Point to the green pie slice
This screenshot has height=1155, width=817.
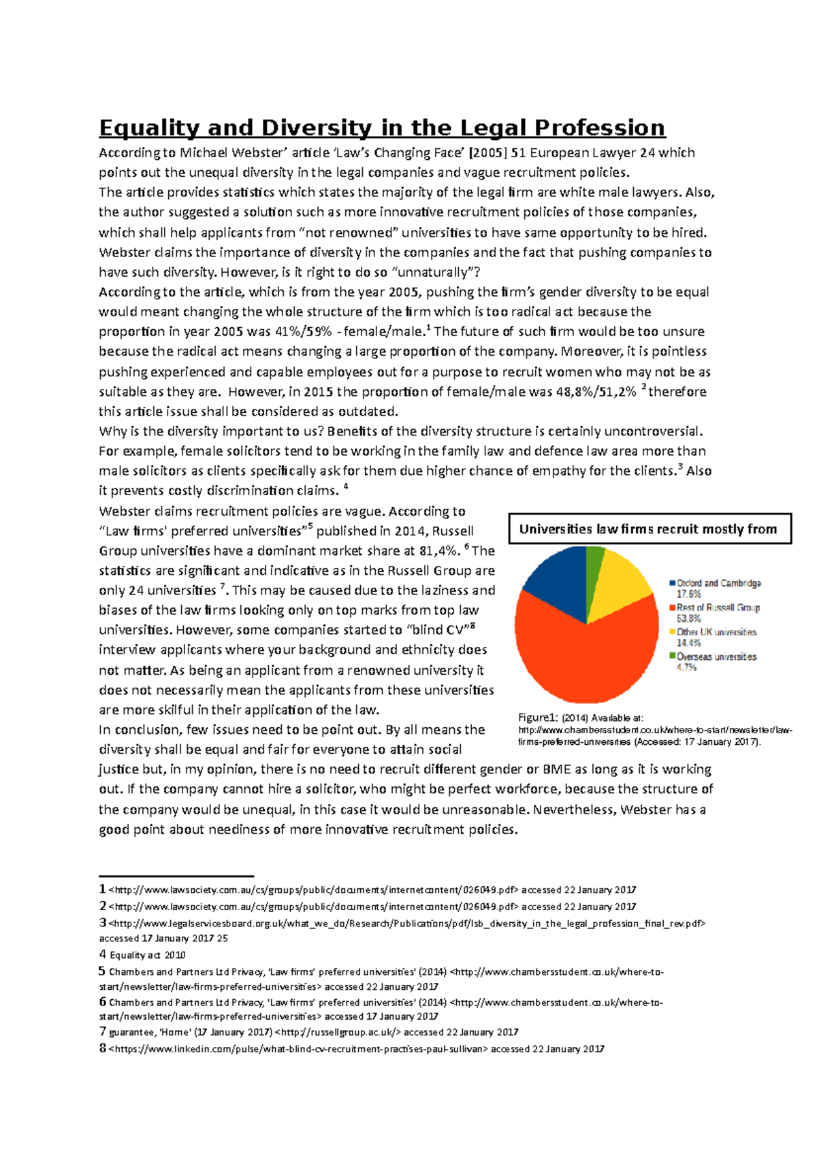pos(594,565)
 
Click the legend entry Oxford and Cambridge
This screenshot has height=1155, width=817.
pos(718,583)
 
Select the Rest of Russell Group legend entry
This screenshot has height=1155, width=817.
pos(718,607)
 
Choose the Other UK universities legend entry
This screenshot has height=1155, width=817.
pos(716,632)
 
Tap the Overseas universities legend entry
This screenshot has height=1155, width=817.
pos(716,656)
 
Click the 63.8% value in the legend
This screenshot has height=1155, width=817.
pos(689,618)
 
